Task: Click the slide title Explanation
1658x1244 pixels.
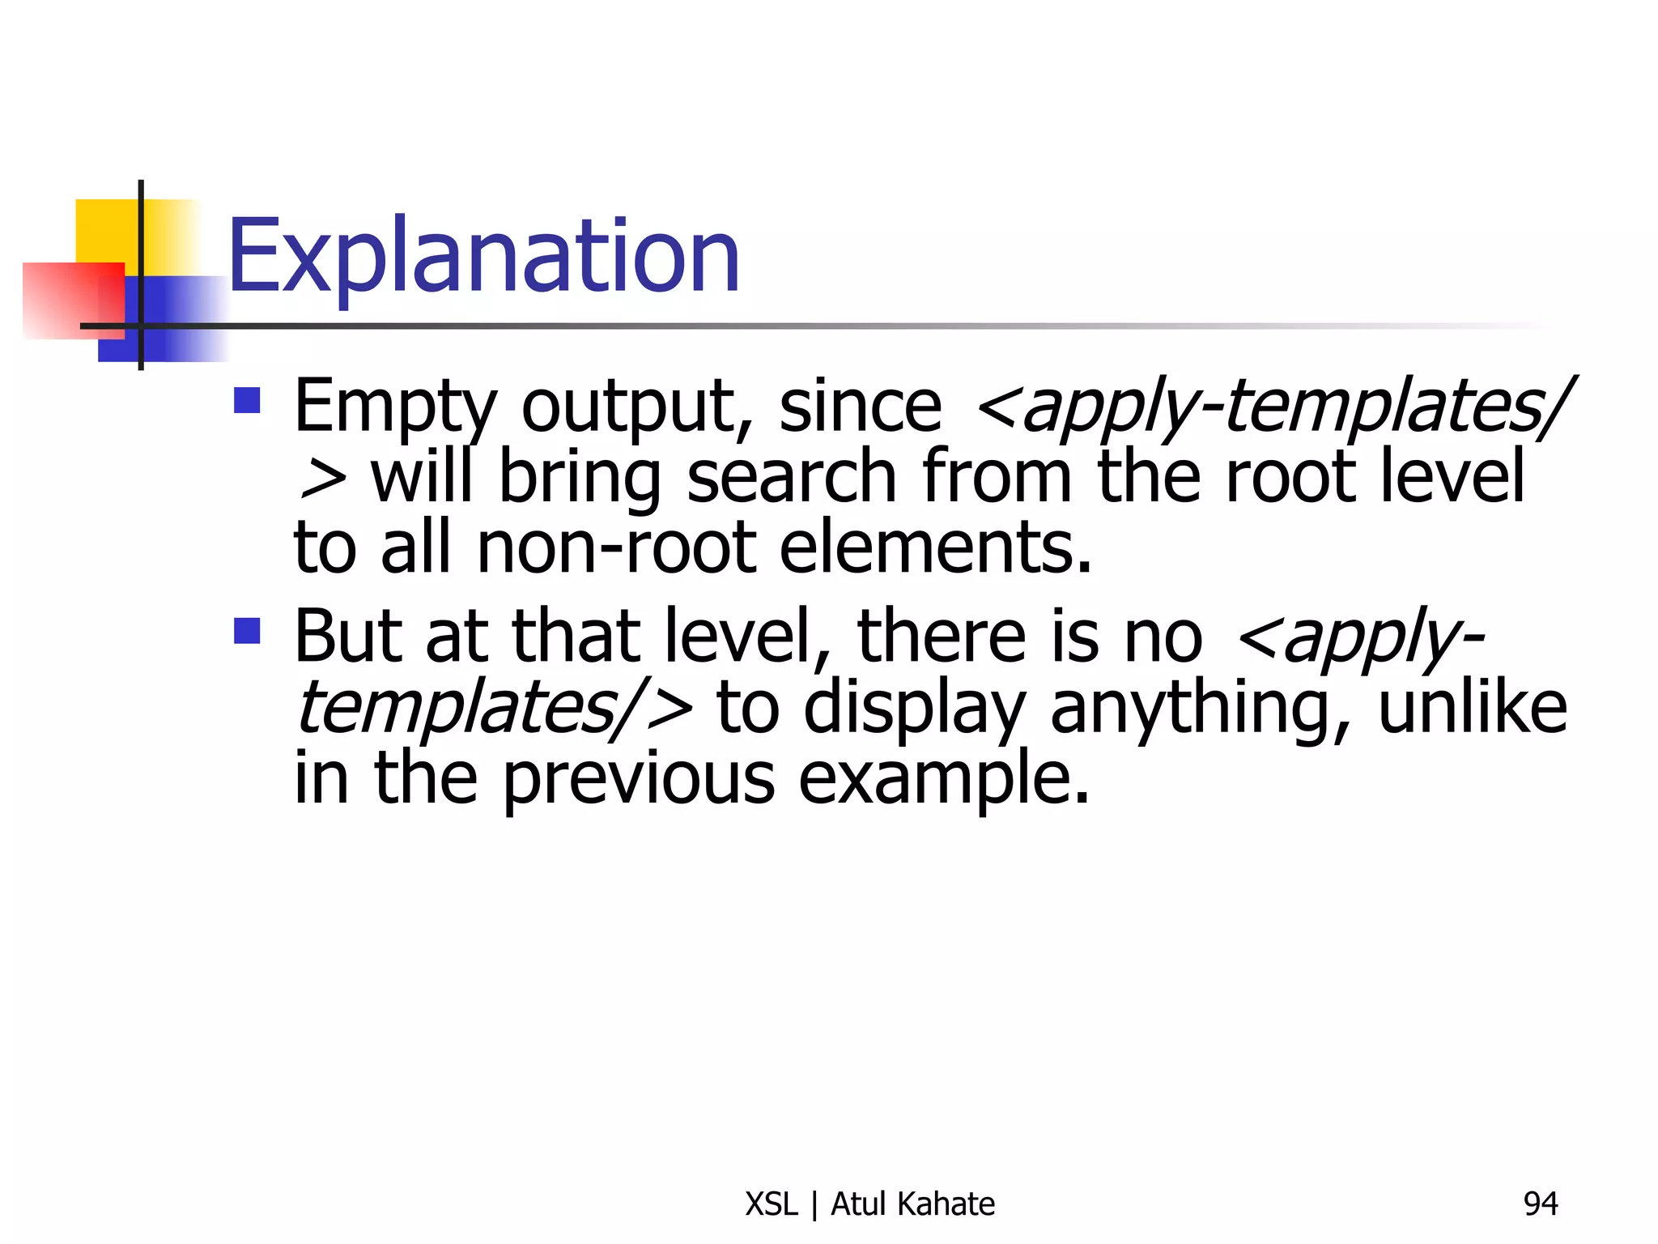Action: coord(483,258)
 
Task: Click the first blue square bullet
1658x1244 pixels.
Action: coord(247,401)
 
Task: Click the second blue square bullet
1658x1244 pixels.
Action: coord(247,631)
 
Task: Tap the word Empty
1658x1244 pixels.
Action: coord(394,407)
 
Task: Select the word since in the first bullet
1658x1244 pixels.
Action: coord(860,407)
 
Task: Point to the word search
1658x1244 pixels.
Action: coord(791,478)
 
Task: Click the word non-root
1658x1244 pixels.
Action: coord(616,549)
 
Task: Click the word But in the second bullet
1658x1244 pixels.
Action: coord(346,637)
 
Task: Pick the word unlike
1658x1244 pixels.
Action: coord(1473,708)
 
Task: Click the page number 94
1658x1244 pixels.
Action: coord(1540,1204)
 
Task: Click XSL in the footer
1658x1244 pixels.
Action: coord(771,1204)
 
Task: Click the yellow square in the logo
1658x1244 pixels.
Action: coord(105,231)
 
